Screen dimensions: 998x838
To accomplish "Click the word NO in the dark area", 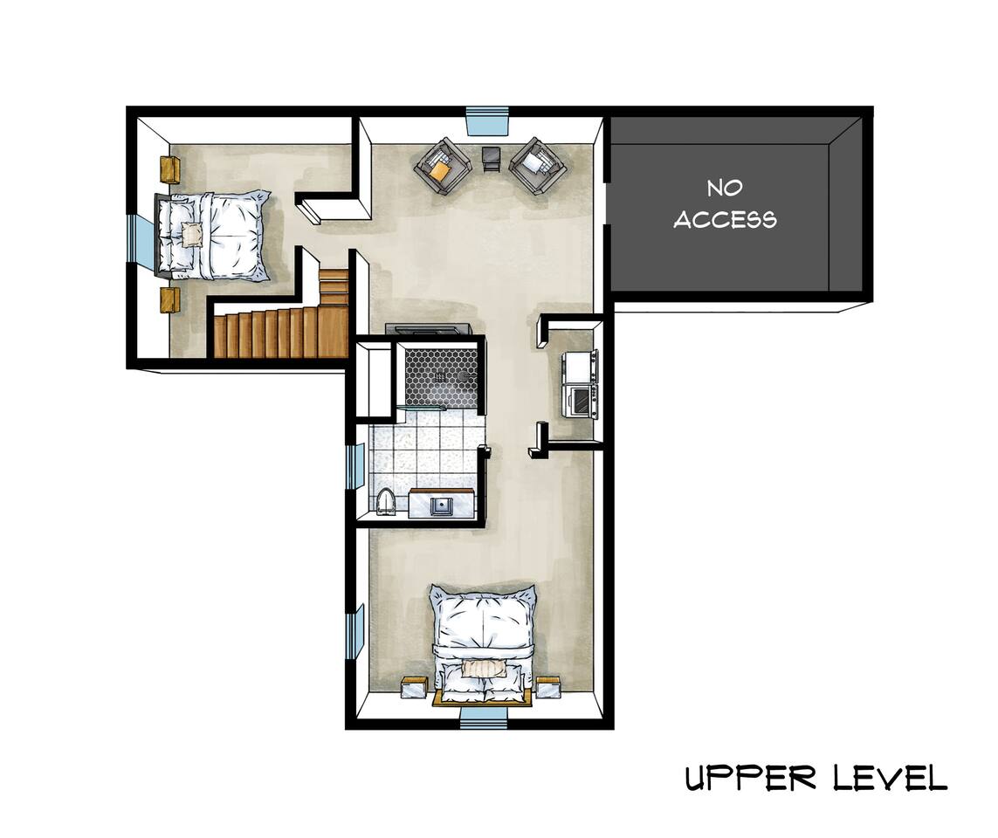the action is click(x=725, y=189).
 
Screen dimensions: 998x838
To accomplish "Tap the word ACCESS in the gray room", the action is click(x=725, y=219).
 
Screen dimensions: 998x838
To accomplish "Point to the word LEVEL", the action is click(x=891, y=778).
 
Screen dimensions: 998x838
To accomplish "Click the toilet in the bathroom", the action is click(x=386, y=502).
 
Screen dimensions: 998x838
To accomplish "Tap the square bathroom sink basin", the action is click(x=440, y=505).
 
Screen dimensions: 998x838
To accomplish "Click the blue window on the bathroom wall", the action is click(x=354, y=466).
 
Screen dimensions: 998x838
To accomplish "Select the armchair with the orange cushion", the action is click(x=443, y=167).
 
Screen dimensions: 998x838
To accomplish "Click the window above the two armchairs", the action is click(x=489, y=120).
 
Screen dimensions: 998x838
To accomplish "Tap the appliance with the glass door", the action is click(x=582, y=401).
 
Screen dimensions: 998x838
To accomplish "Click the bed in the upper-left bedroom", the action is click(x=213, y=236).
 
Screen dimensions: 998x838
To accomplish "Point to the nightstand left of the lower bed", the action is click(x=414, y=689).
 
